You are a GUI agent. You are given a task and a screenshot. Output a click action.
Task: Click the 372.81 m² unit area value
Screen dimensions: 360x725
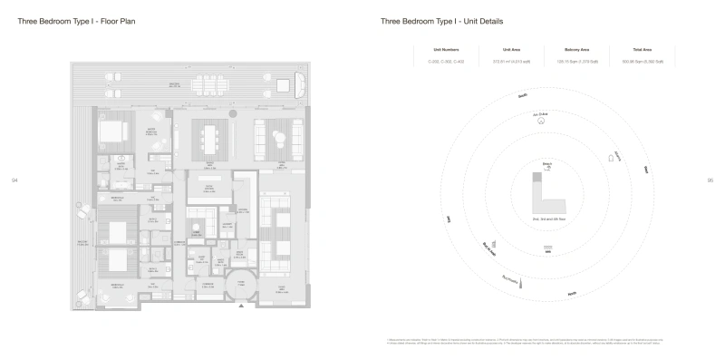coord(504,62)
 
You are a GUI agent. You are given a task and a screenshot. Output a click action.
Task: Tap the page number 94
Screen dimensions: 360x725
coord(14,180)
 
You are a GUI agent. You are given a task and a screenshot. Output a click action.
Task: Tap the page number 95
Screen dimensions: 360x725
coord(710,180)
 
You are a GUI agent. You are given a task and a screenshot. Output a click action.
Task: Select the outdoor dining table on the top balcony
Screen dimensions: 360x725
coord(211,85)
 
